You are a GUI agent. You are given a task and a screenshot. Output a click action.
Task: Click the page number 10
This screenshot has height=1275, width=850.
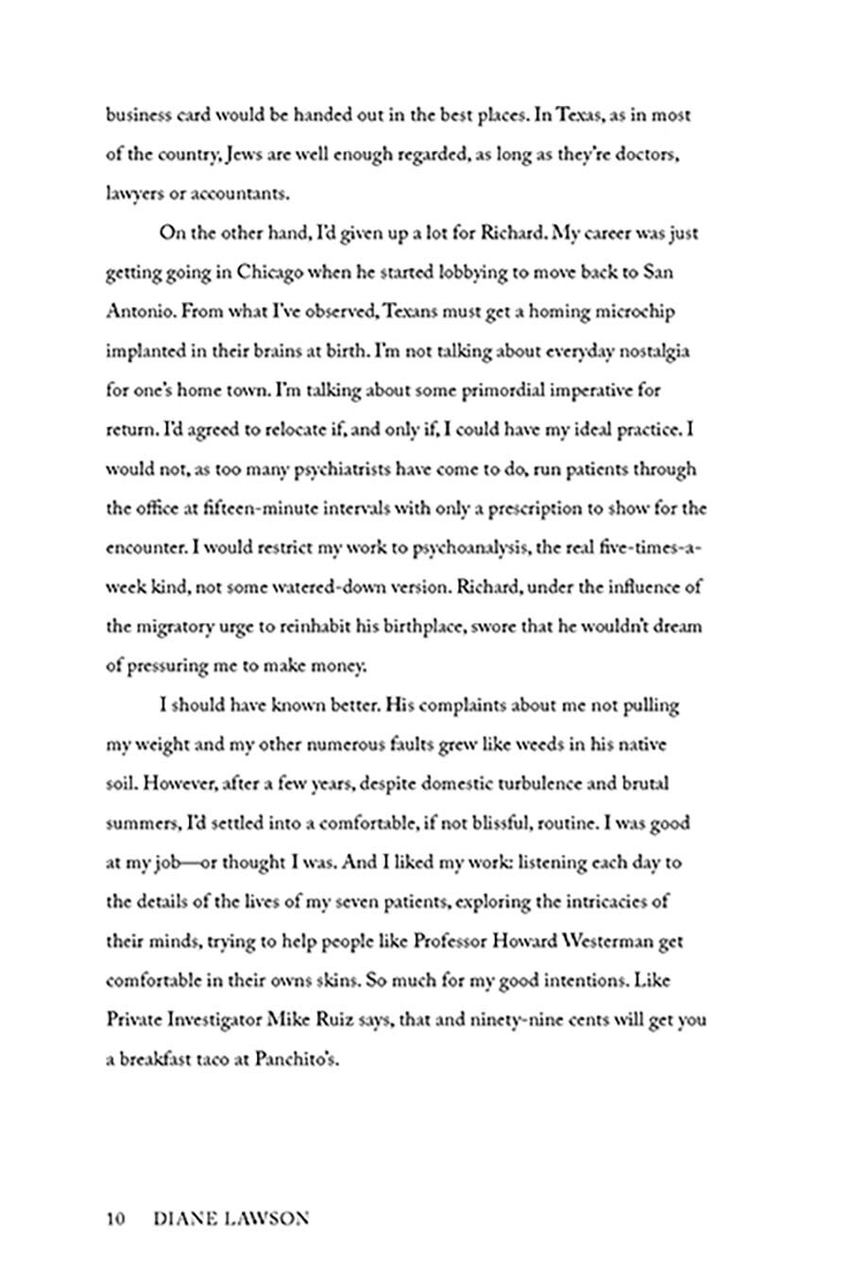[116, 1218]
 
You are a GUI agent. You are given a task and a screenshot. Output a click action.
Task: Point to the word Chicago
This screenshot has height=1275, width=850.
[269, 273]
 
